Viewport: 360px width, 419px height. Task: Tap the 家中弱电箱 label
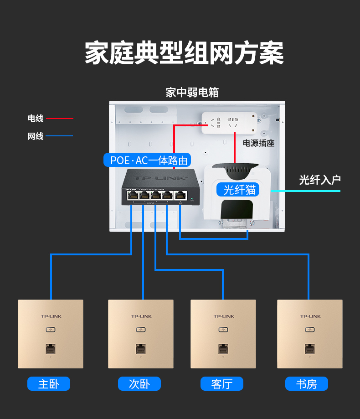click(x=192, y=93)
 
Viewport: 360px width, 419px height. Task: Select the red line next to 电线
click(x=59, y=119)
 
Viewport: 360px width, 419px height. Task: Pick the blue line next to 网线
click(x=59, y=136)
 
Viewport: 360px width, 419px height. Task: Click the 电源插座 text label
click(x=258, y=143)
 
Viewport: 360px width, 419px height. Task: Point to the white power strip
click(x=227, y=123)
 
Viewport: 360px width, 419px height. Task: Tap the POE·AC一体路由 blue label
click(x=149, y=160)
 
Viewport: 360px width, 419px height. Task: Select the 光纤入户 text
click(x=319, y=180)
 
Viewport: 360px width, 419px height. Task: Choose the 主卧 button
click(x=49, y=384)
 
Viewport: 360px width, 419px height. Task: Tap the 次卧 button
click(x=139, y=384)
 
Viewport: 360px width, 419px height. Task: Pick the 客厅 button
click(x=222, y=384)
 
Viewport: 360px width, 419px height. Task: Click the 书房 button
click(x=306, y=384)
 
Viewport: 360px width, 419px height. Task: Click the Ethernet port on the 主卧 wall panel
click(x=50, y=349)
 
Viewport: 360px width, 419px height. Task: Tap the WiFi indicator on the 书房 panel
click(x=310, y=329)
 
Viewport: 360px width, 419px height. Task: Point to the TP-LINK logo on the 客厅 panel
click(x=224, y=316)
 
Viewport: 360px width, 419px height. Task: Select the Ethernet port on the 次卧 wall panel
click(x=141, y=349)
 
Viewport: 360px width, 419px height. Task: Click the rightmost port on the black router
click(x=180, y=195)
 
